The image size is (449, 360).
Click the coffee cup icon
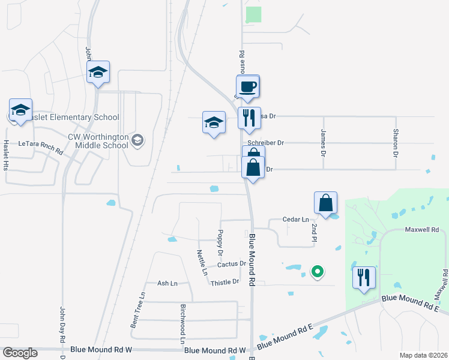click(x=248, y=87)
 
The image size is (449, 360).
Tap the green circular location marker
click(x=317, y=272)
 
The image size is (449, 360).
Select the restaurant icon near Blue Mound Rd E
click(x=363, y=277)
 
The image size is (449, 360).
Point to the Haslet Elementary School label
click(x=67, y=118)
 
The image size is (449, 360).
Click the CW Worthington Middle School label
click(x=98, y=141)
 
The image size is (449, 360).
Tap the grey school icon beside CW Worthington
click(x=137, y=140)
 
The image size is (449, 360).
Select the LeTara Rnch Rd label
click(x=40, y=144)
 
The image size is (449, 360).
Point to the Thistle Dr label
click(x=225, y=282)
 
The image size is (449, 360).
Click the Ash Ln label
click(x=167, y=283)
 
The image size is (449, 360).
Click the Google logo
click(x=20, y=353)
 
